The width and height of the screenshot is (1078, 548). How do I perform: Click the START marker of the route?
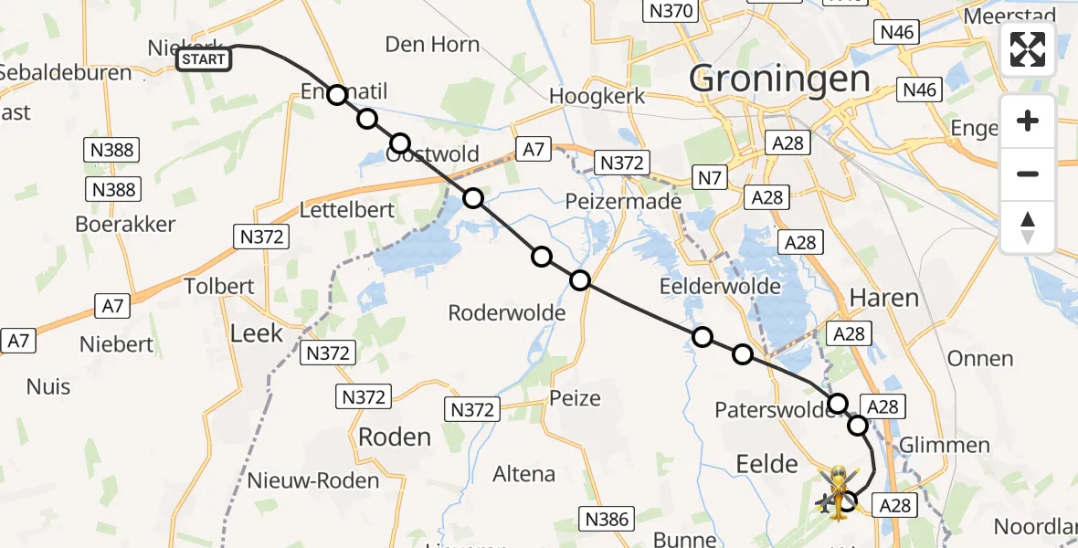click(x=203, y=60)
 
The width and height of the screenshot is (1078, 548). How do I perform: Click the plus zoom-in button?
click(x=1028, y=121)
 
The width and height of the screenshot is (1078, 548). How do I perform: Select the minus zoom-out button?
click(x=1028, y=174)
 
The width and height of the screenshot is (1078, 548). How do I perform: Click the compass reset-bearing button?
click(x=1028, y=227)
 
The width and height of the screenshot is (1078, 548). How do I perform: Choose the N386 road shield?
click(x=607, y=520)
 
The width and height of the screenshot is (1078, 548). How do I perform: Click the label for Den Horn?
click(x=432, y=44)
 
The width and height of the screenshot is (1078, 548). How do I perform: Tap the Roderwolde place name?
click(x=506, y=313)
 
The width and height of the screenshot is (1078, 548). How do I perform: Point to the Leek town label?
click(x=257, y=333)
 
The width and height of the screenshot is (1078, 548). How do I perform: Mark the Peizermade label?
click(x=624, y=201)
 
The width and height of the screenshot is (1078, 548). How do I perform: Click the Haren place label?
click(x=883, y=297)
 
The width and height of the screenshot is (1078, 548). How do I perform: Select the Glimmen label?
click(x=945, y=445)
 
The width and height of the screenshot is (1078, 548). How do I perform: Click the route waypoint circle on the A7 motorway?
click(x=472, y=198)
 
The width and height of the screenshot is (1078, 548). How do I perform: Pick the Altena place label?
click(x=523, y=474)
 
